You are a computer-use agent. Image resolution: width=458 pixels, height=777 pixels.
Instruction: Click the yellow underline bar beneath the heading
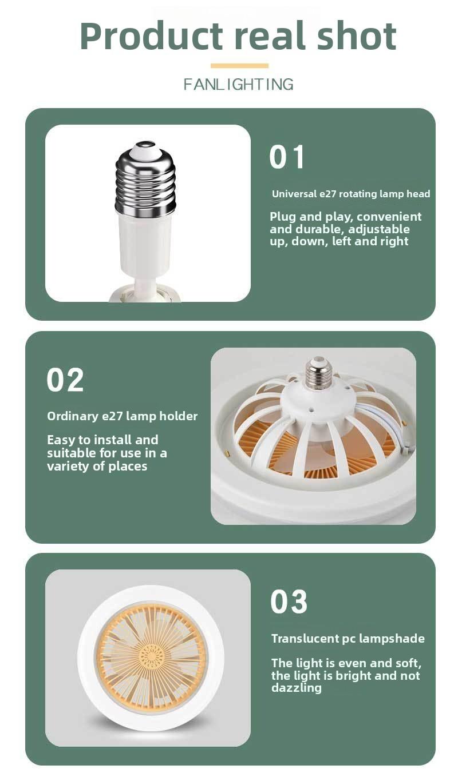click(x=239, y=66)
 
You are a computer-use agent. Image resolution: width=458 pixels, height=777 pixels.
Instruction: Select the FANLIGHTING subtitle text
click(x=239, y=85)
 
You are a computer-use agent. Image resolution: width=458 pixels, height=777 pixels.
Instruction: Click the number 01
click(x=287, y=157)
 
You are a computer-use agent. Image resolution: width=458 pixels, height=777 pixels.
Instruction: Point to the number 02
click(x=65, y=380)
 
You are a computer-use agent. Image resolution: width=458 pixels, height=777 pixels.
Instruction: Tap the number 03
click(x=289, y=602)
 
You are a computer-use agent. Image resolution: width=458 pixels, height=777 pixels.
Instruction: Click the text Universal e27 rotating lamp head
click(x=351, y=194)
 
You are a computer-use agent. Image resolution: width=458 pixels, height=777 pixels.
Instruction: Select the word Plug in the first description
click(x=283, y=217)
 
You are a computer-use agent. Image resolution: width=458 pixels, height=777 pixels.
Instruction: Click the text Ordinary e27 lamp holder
click(x=122, y=416)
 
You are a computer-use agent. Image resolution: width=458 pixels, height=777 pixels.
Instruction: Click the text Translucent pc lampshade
click(x=348, y=639)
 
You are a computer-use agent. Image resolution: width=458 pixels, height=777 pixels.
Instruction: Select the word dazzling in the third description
click(x=296, y=688)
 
